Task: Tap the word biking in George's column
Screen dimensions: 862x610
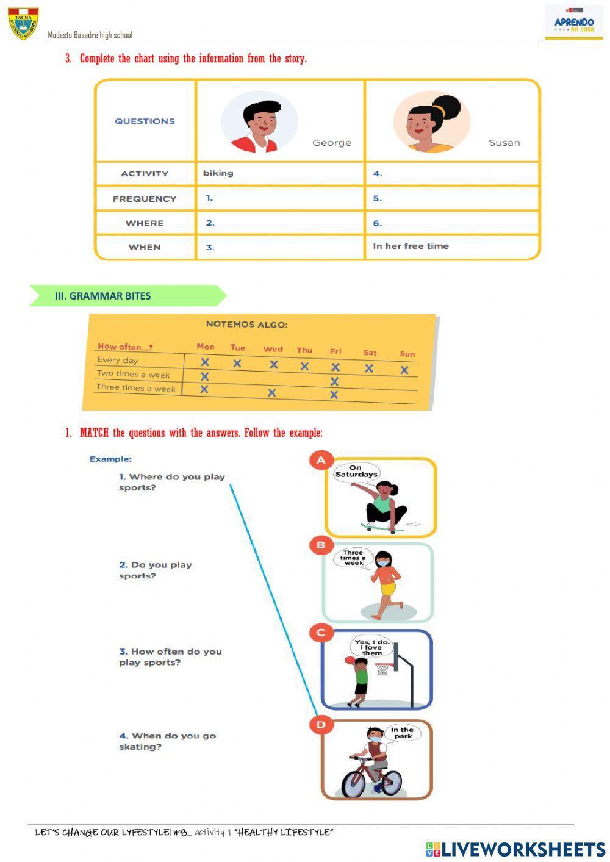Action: [x=218, y=173]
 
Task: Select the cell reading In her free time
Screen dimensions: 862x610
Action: [x=411, y=246]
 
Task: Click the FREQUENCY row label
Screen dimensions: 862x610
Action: [x=145, y=199]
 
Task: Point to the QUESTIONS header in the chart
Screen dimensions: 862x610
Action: [x=145, y=121]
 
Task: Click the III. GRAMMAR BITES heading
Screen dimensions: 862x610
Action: [x=102, y=296]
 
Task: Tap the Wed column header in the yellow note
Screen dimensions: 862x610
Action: [x=273, y=349]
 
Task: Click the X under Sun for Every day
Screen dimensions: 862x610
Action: [x=404, y=370]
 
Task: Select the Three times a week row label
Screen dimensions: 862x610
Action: [x=136, y=388]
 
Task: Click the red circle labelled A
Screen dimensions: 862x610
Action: [x=321, y=461]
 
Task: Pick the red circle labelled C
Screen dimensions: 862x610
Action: [x=321, y=633]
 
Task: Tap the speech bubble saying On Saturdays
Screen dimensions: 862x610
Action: [x=356, y=472]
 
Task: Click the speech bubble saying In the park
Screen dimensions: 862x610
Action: [x=402, y=733]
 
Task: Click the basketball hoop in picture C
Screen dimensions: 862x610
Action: [x=382, y=669]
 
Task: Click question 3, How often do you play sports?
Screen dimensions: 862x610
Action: [x=170, y=657]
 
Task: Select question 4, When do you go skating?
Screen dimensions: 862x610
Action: [x=167, y=741]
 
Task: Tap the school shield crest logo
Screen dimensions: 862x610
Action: [x=23, y=23]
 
